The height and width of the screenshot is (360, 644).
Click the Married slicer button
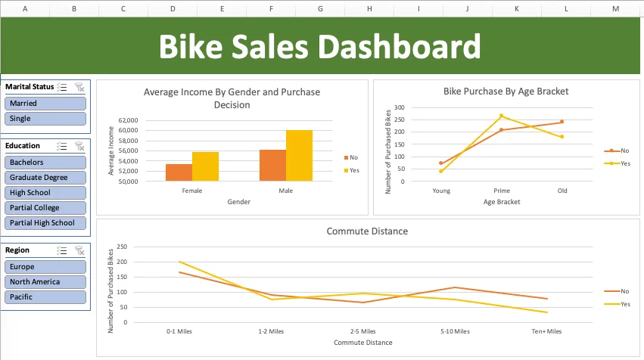click(x=45, y=104)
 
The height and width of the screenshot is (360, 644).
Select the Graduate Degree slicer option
click(x=45, y=178)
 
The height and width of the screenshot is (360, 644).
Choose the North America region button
click(x=45, y=282)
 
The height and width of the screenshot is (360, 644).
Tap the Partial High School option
click(x=45, y=223)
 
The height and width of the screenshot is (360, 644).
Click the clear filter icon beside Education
click(x=79, y=146)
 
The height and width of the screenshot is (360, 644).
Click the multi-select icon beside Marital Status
click(x=63, y=87)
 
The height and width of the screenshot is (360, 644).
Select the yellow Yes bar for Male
click(x=299, y=156)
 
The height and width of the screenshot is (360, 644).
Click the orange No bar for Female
click(x=179, y=172)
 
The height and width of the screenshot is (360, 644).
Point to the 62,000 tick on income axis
click(x=127, y=120)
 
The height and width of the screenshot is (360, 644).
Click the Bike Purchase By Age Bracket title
click(x=506, y=92)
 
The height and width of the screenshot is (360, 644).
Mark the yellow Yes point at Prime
click(x=501, y=116)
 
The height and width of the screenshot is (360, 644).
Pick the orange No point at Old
click(x=562, y=122)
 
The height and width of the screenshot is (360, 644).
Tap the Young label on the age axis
click(x=440, y=191)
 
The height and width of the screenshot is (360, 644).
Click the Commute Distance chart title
click(x=356, y=231)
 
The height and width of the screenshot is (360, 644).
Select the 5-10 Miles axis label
click(x=454, y=331)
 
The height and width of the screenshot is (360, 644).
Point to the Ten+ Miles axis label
click(x=546, y=331)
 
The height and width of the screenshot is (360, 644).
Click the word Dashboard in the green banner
click(x=399, y=47)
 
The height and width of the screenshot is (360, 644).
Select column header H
click(x=369, y=8)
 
